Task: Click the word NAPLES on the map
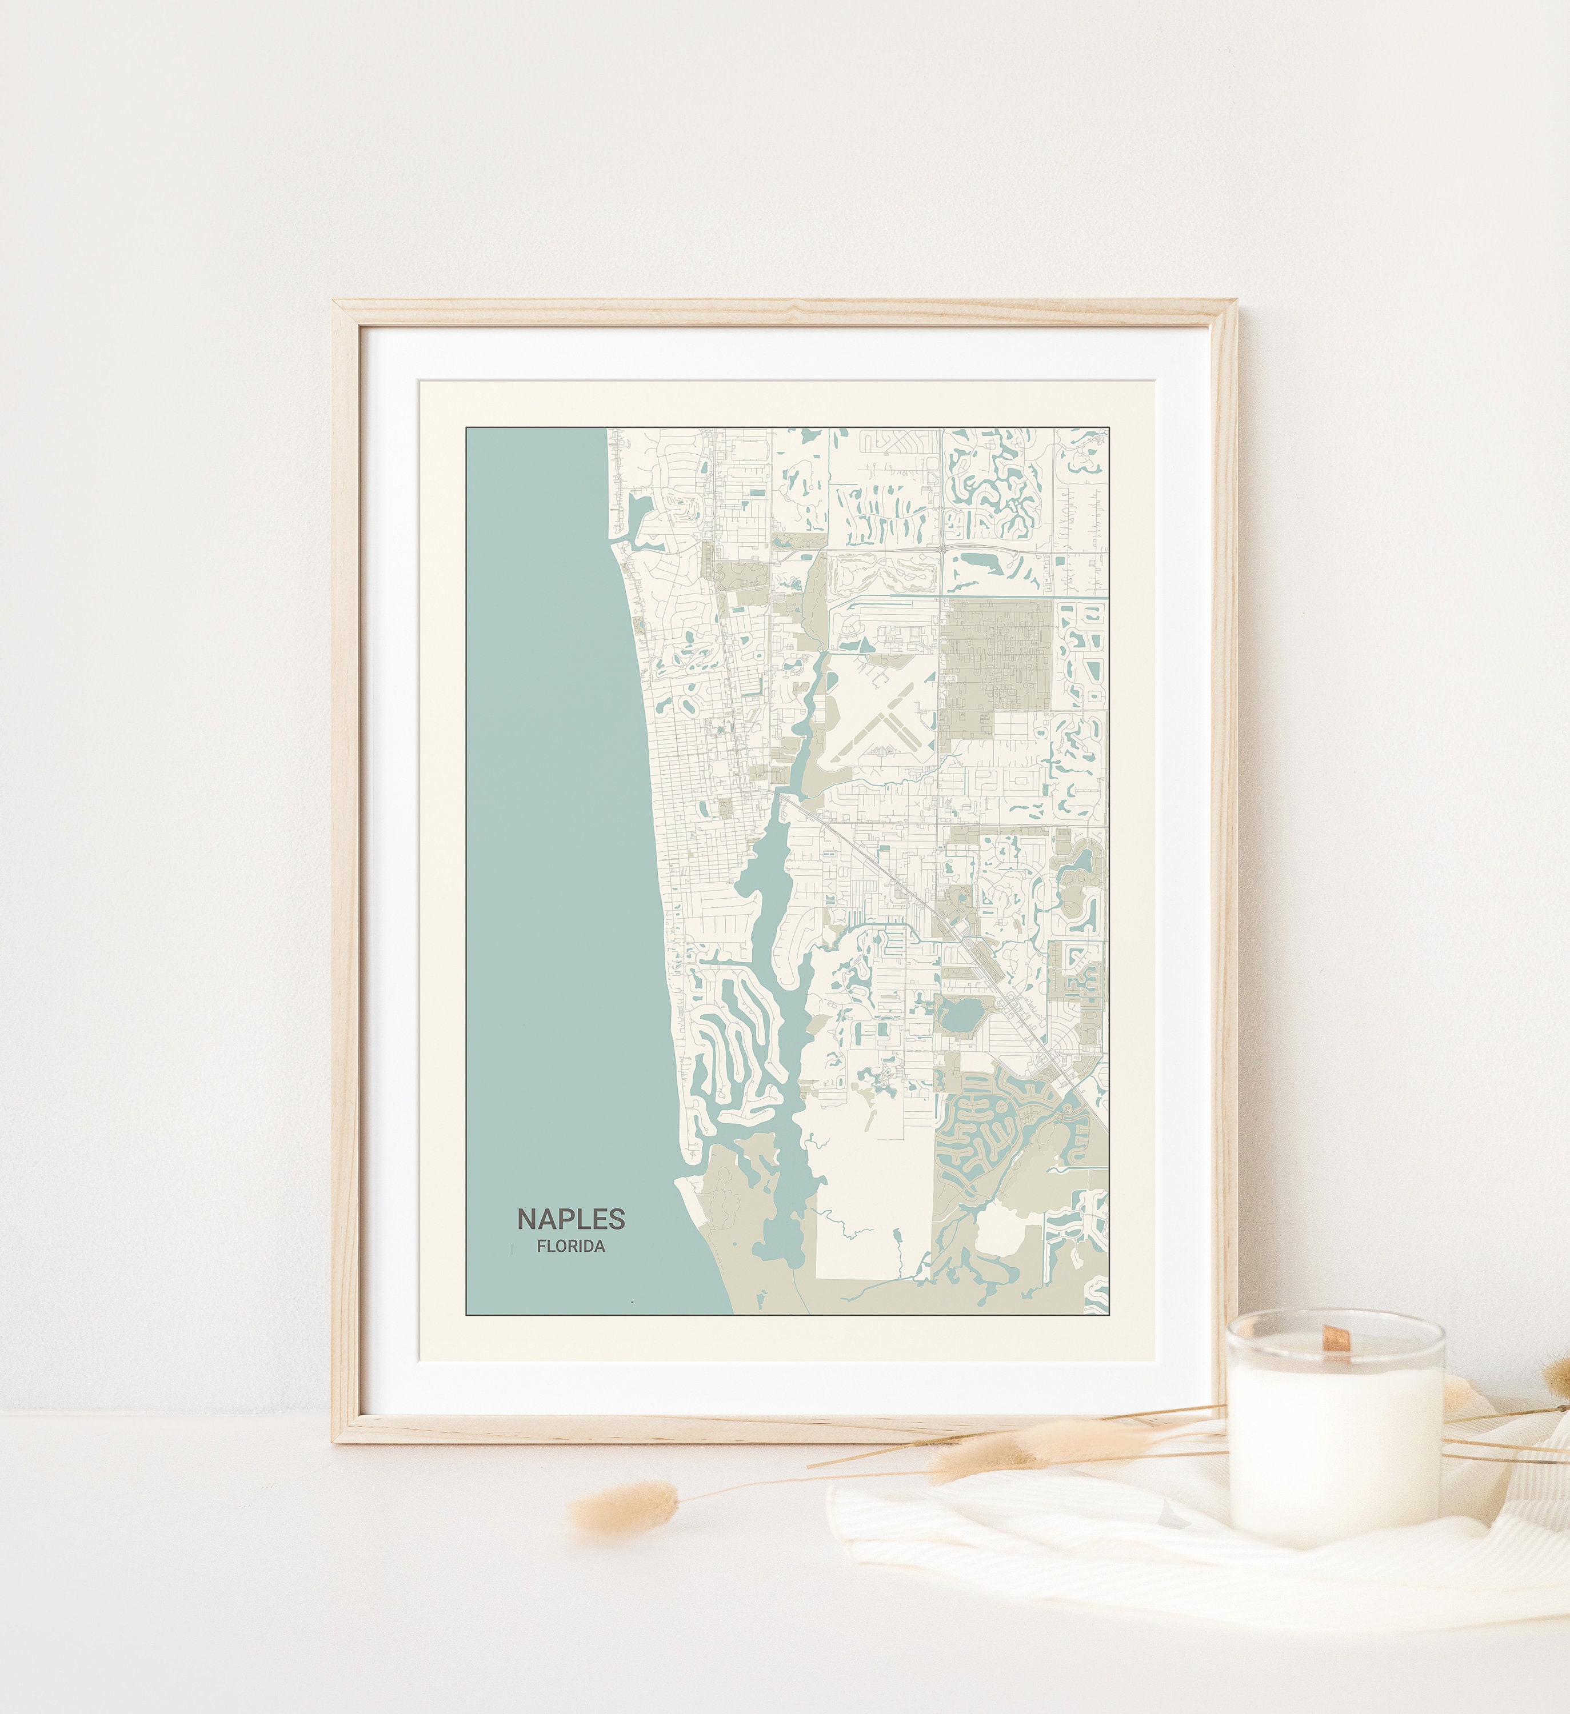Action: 571,1219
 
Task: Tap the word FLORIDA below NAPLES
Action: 571,1247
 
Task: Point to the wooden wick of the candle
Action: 1336,1341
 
